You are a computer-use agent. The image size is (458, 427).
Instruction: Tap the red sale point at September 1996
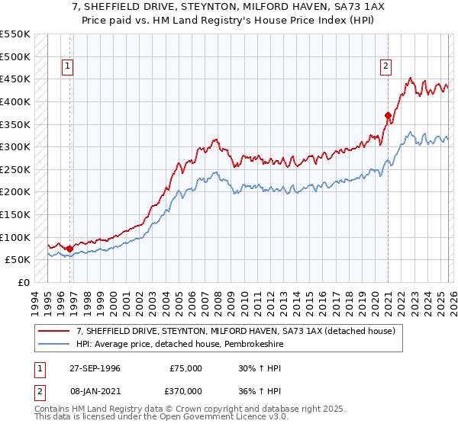coord(70,249)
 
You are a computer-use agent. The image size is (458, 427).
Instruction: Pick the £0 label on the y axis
coord(23,282)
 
